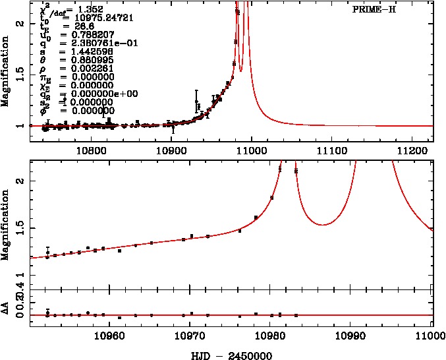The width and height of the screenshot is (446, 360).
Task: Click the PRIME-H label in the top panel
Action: pyautogui.click(x=374, y=11)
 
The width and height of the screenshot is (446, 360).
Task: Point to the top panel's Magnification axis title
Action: pyautogui.click(x=6, y=73)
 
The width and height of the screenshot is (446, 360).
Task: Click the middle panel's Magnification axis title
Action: pyautogui.click(x=6, y=224)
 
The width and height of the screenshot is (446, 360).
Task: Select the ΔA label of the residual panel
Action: pyautogui.click(x=6, y=310)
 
